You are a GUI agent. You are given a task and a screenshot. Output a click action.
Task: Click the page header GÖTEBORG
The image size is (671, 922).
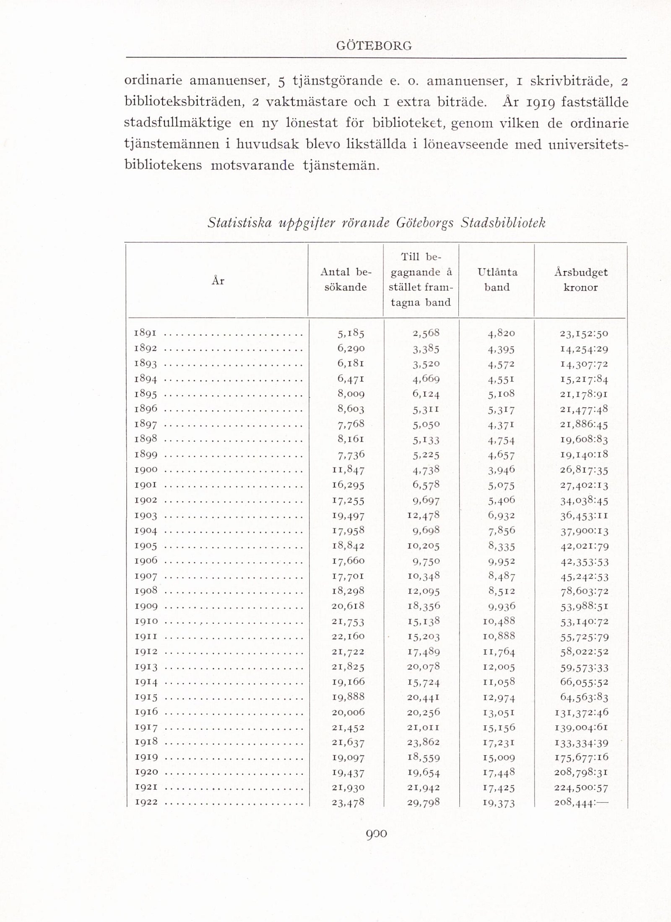click(374, 46)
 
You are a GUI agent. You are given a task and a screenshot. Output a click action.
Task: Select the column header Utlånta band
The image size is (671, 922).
click(497, 280)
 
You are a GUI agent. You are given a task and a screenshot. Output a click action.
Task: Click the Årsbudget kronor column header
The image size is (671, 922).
click(580, 280)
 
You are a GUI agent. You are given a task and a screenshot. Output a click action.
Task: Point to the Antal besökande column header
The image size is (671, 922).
click(346, 280)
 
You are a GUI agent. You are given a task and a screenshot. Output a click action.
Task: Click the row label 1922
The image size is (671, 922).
click(146, 802)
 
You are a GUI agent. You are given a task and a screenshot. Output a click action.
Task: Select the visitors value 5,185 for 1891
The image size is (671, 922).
click(351, 334)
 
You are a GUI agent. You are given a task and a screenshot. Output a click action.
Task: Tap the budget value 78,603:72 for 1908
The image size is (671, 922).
click(584, 591)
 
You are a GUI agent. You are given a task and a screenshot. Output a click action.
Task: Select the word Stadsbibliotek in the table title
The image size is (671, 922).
click(503, 223)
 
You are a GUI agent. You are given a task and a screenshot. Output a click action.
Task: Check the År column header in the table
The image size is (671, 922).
click(218, 281)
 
